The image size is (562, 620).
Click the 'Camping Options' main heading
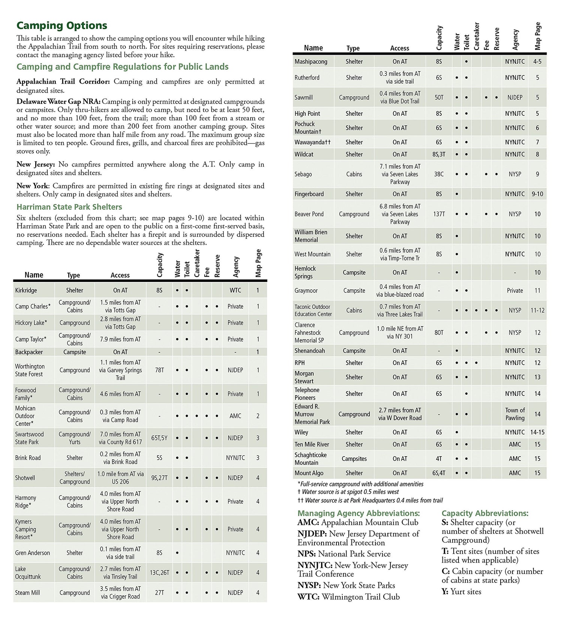coord(62,25)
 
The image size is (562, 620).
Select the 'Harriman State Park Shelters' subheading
coord(69,207)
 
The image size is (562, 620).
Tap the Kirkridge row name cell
coord(26,290)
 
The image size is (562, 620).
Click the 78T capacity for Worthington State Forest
coord(159,370)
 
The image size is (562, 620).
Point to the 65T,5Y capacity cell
coord(159,438)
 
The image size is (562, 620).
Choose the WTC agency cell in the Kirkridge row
coord(235,290)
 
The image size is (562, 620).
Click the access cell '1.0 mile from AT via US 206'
coord(120,478)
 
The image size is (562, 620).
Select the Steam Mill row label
coord(27,593)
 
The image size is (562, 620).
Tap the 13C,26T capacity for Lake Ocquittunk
coord(160,573)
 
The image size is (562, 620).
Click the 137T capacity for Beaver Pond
coord(439,214)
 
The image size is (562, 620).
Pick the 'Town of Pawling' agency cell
coord(515,414)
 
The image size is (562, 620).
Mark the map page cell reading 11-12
coord(537,310)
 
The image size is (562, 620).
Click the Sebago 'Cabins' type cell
coord(354,174)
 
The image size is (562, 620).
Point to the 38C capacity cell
coord(439,174)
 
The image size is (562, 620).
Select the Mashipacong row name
coord(311,61)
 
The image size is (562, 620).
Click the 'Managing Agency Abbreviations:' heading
coord(359,513)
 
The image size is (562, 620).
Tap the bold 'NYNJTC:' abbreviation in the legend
coord(315,565)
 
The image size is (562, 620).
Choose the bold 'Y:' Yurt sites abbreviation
coord(445,592)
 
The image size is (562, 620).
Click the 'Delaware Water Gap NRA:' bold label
coord(58,102)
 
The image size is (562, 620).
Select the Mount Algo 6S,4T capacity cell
coord(439,473)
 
